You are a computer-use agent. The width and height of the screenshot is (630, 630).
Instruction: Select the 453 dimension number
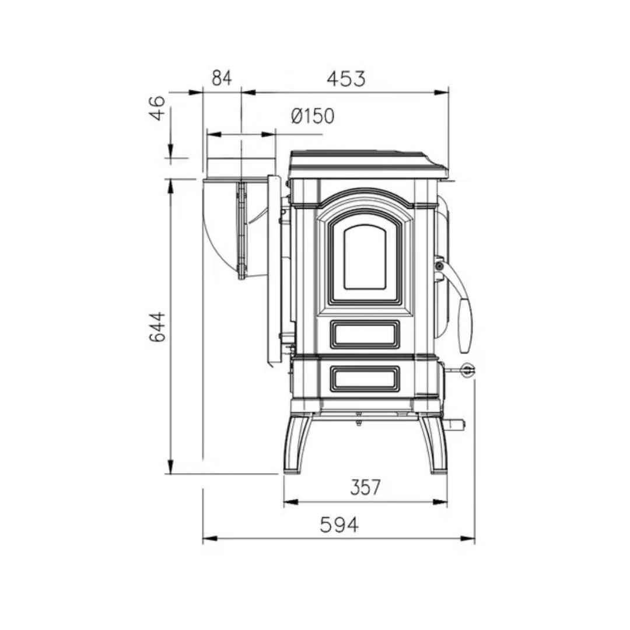[x=346, y=79]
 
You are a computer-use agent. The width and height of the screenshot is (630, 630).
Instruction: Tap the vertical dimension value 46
[x=157, y=108]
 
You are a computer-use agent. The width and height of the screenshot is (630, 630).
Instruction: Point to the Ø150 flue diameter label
[x=313, y=116]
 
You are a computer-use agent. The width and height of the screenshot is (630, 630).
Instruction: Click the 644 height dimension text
[x=157, y=326]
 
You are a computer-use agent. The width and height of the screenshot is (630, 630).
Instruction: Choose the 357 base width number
[x=365, y=487]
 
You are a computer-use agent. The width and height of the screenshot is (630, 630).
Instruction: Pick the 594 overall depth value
[x=339, y=525]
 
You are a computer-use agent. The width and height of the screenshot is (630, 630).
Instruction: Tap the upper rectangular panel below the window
[x=365, y=334]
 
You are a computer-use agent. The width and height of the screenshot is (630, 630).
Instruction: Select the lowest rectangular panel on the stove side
[x=365, y=379]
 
